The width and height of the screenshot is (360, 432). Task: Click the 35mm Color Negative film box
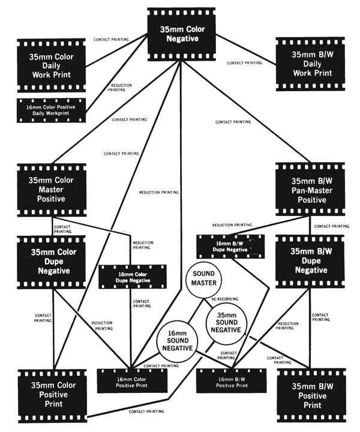tap(182, 34)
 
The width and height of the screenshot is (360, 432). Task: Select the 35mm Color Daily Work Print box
tap(52, 65)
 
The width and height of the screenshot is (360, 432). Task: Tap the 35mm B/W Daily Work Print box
tap(310, 64)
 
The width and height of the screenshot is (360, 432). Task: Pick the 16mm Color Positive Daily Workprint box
tap(52, 110)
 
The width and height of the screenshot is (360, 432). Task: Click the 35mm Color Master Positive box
tap(52, 190)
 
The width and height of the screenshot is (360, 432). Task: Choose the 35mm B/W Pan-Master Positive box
tap(310, 189)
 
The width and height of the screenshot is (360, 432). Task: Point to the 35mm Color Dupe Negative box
tap(52, 262)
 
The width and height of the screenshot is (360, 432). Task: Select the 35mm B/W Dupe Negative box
tap(310, 262)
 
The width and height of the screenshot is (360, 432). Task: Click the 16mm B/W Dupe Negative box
tap(230, 247)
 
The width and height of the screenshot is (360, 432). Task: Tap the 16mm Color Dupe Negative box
tap(133, 277)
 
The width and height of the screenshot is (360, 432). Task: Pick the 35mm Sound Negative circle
tap(226, 323)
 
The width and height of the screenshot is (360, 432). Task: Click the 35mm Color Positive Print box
tap(53, 396)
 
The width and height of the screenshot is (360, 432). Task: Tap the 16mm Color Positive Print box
tap(132, 381)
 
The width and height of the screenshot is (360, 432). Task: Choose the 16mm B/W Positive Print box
tap(232, 381)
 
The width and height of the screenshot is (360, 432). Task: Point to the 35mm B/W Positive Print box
tap(311, 395)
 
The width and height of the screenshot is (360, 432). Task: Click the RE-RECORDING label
tap(225, 299)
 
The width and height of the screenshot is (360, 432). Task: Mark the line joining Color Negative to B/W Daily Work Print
tap(245, 50)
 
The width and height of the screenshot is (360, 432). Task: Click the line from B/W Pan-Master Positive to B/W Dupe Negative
tap(310, 226)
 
